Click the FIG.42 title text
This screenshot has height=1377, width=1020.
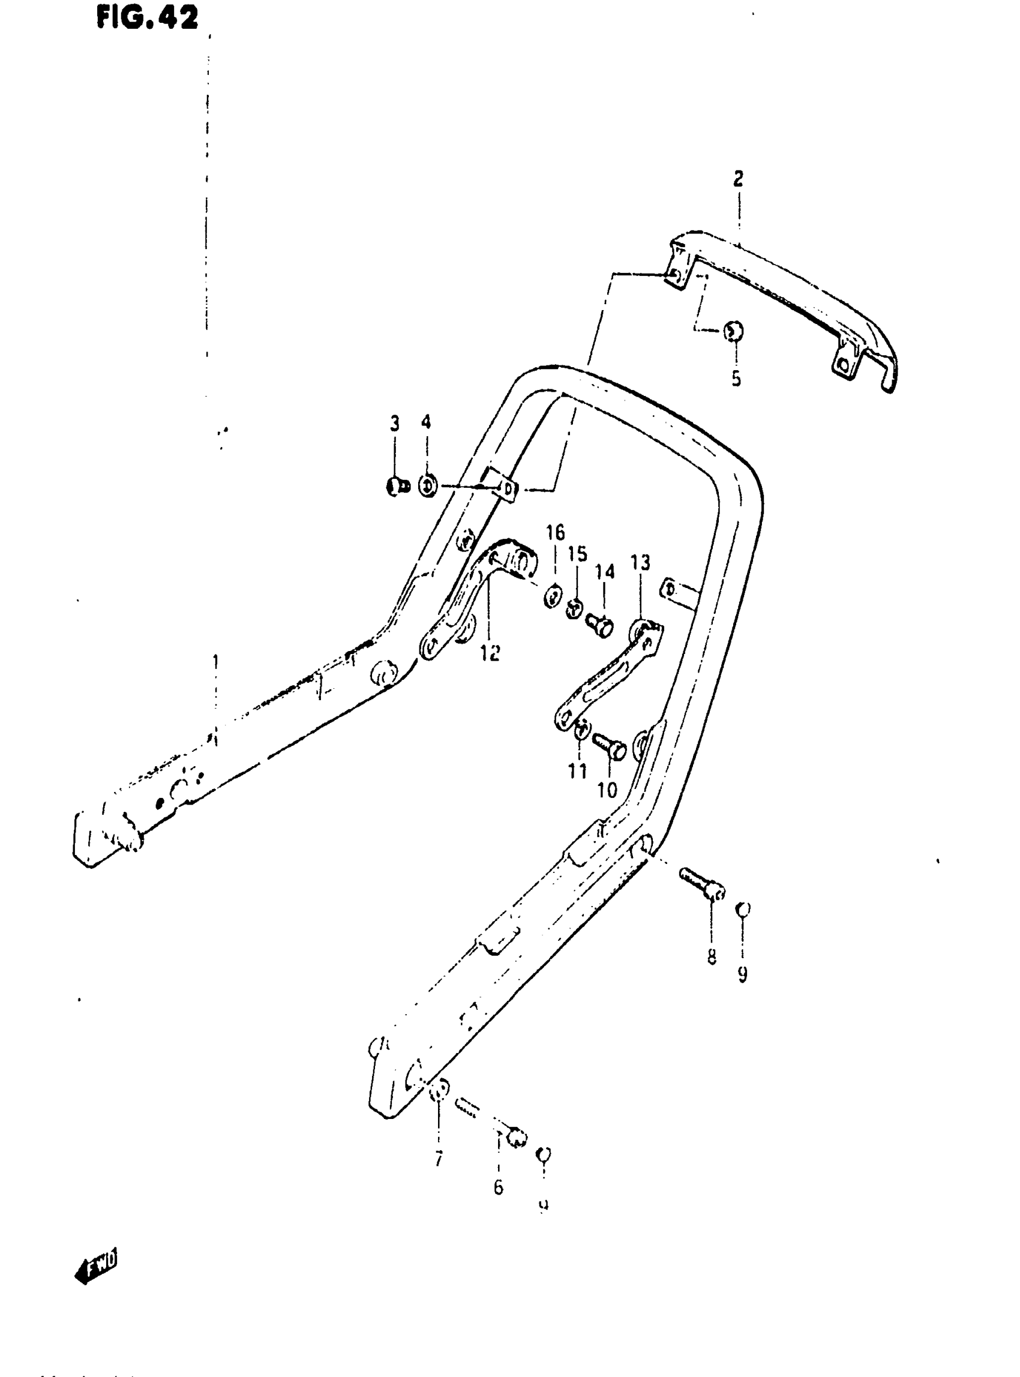coord(147,17)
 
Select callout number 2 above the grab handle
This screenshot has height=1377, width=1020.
coord(739,179)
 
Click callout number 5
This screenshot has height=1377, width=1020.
coord(736,379)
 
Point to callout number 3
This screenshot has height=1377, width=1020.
coord(395,424)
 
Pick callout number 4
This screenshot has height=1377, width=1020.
coord(426,422)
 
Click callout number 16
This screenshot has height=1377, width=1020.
coord(555,532)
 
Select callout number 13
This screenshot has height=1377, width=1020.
coord(640,563)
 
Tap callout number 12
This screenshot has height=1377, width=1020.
coord(490,653)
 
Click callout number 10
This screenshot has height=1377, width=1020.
coord(607,790)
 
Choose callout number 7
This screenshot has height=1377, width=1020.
coord(439,1160)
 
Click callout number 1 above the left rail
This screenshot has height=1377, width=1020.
coord(215,662)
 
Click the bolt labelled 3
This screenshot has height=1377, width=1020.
coord(397,487)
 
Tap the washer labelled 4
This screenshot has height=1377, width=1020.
coord(427,487)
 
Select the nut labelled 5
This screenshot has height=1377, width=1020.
coord(733,332)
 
